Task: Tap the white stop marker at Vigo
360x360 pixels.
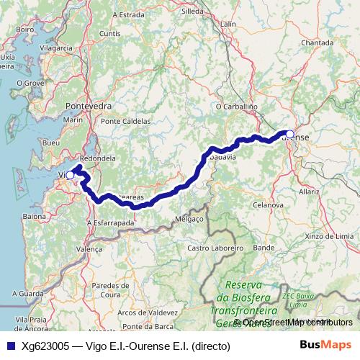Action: click(71, 174)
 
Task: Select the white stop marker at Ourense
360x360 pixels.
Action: click(289, 133)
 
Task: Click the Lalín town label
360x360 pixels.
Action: click(228, 24)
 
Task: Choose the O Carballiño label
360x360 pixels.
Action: click(237, 107)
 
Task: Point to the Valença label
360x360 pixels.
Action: click(90, 248)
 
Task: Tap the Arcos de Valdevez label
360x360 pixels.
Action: click(147, 312)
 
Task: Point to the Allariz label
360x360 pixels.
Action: click(310, 192)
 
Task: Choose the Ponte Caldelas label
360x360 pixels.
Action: click(125, 121)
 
